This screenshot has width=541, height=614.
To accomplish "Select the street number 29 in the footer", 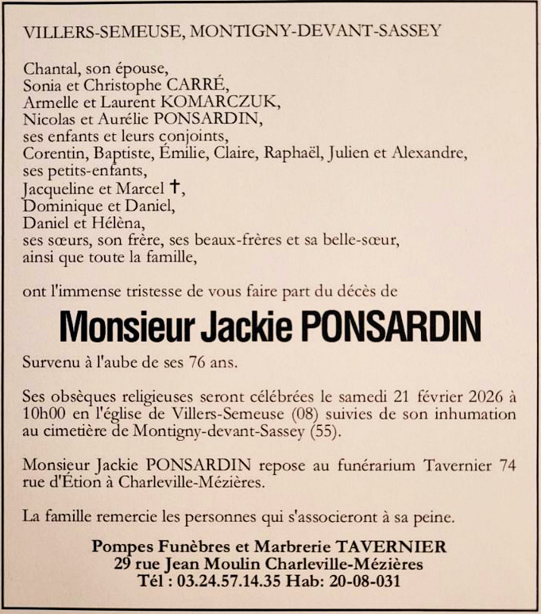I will click(122, 564).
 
